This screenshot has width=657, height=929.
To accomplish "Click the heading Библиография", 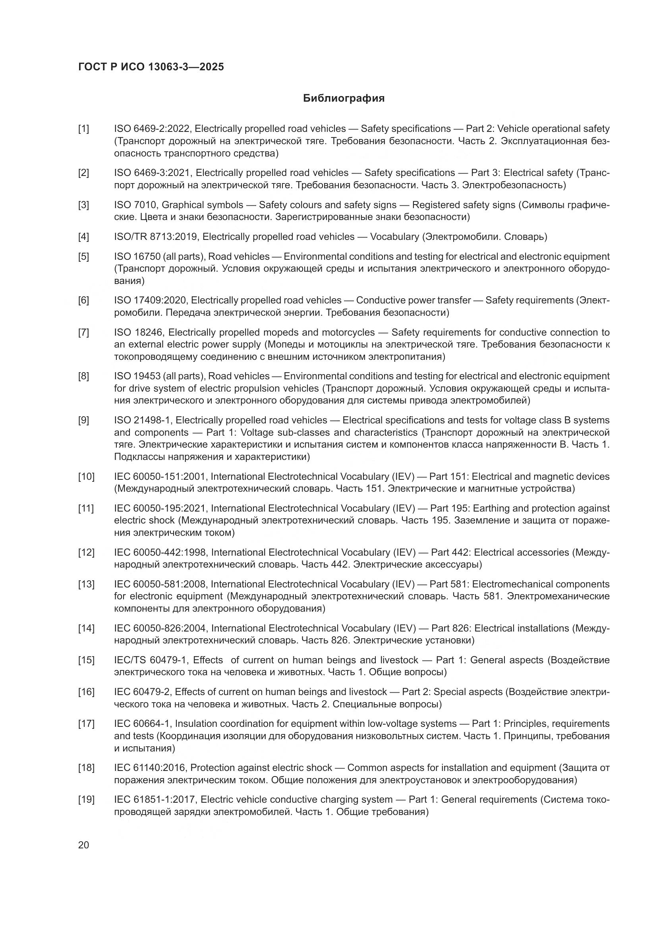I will coord(344,99).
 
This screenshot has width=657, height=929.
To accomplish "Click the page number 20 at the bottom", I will coord(83,845).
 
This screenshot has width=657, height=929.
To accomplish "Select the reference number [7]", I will coord(83,332).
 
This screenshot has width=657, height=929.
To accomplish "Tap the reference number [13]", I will coord(86,584).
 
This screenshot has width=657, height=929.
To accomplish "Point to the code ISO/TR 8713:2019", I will coord(156,237).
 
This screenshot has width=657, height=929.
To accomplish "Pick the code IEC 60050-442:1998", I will coord(160,552).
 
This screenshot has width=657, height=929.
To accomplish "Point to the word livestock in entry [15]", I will coord(398,660).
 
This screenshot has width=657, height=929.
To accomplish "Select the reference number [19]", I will coord(86,800).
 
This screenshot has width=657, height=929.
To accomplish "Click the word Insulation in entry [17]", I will coord(195,723).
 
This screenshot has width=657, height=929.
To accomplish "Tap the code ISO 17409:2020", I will coord(151,300).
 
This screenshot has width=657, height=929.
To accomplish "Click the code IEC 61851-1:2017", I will coord(155,800).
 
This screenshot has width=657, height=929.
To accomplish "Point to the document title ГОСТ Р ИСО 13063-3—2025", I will coord(151,67).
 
